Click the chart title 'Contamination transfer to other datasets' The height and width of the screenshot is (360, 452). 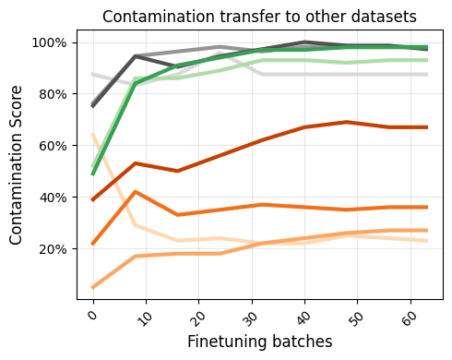coord(259,16)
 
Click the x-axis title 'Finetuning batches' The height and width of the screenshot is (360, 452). coord(259,342)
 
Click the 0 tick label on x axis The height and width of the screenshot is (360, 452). coord(91,316)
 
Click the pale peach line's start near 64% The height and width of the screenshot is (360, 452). coord(93,136)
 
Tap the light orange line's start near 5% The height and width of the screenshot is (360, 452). coord(93,287)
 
